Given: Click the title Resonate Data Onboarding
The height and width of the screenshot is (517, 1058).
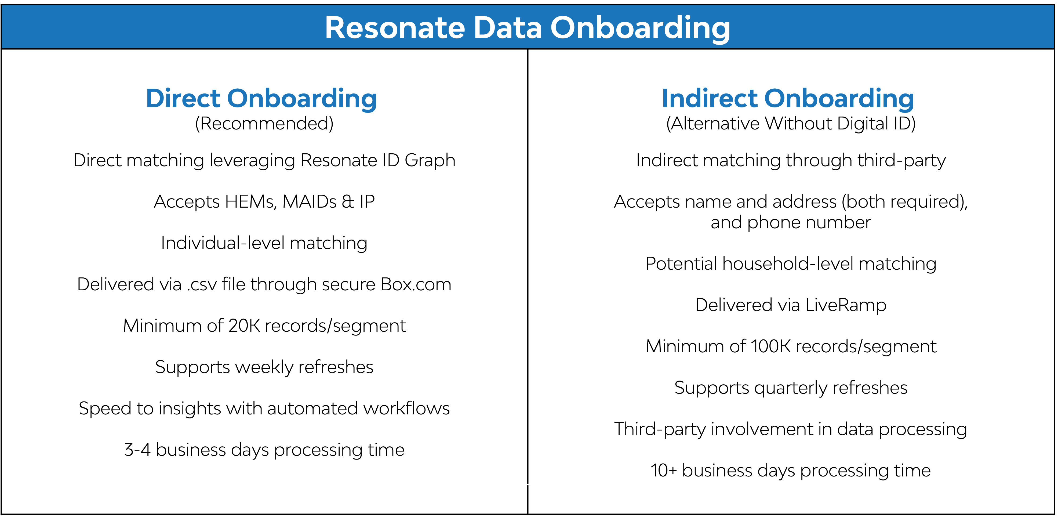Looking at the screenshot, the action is tap(527, 28).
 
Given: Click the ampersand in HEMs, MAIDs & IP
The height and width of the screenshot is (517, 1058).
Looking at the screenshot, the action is tap(347, 202).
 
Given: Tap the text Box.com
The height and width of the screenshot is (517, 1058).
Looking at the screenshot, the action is tap(416, 284).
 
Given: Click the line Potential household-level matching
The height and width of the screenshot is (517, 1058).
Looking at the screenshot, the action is tap(791, 264).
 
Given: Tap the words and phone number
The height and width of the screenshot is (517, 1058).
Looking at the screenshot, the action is tap(791, 223).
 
